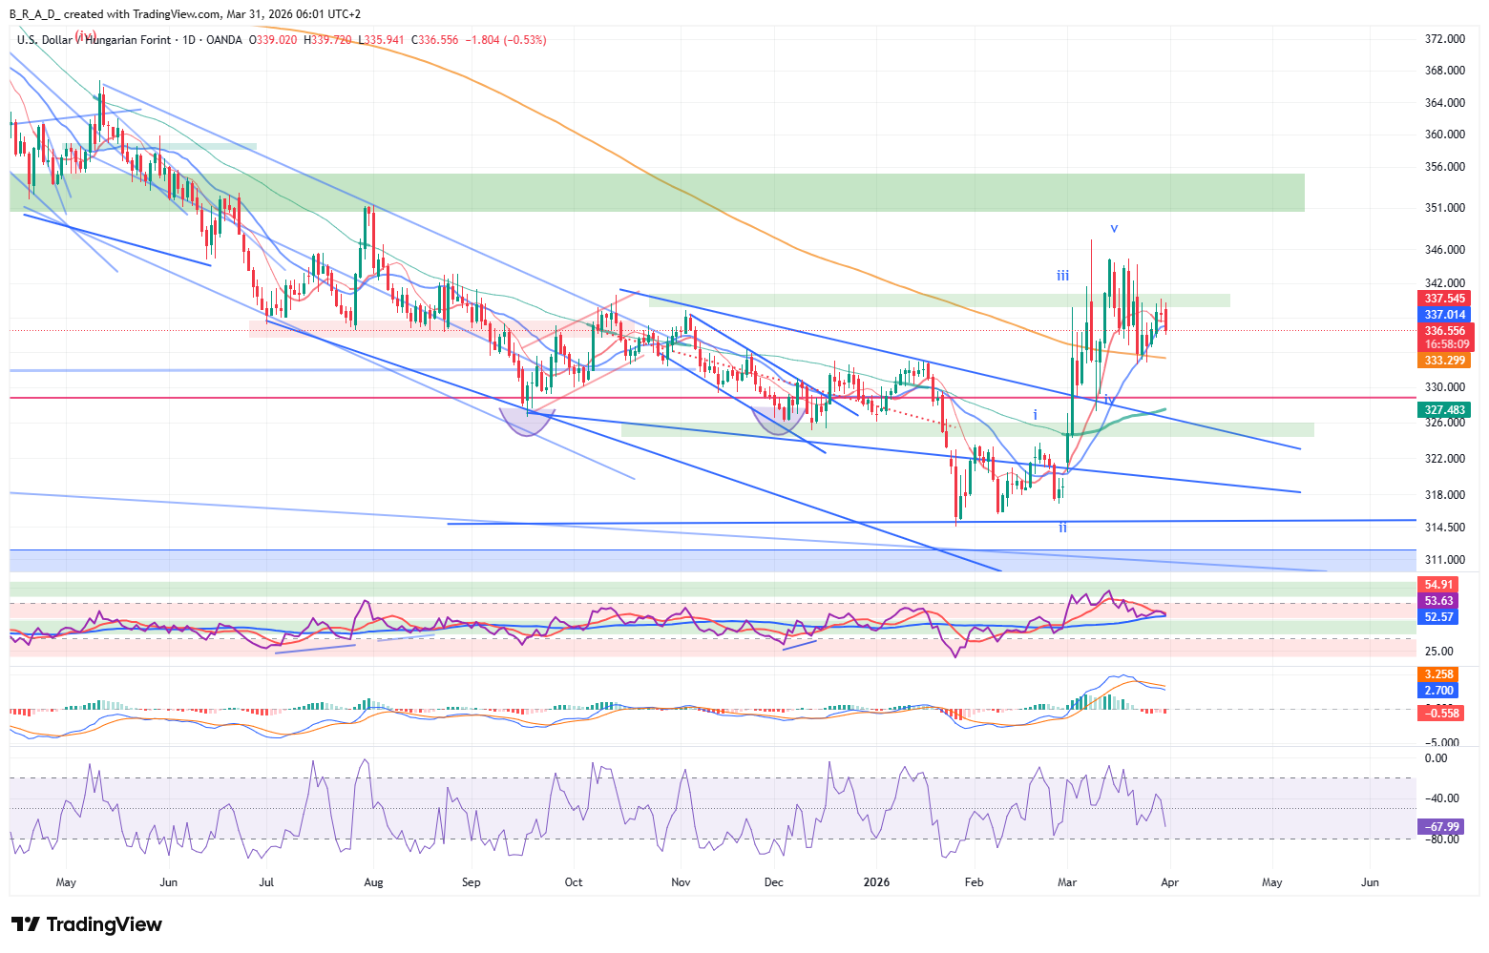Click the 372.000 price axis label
1444,39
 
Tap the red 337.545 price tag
1445,299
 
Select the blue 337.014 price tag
1445,315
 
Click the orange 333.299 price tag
1445,361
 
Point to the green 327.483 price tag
1445,410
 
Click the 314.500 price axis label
1444,528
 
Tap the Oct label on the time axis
574,882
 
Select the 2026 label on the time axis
876,882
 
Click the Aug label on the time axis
373,882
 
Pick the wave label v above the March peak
1114,229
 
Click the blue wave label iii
1062,276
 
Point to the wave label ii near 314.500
1062,528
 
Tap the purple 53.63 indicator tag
1438,601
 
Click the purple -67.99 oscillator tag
1441,827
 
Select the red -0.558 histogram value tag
1441,714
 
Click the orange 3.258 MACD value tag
1438,674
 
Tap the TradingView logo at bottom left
87,924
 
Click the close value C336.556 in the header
434,40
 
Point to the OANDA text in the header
224,40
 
